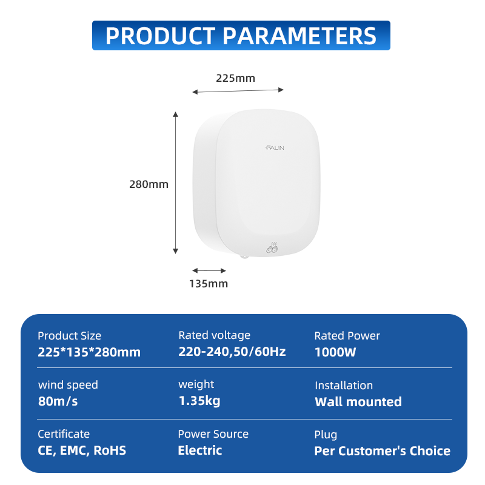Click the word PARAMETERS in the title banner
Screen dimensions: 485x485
299,36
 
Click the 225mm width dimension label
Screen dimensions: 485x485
235,78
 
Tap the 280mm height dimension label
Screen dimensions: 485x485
149,184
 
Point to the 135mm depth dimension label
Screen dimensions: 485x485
209,284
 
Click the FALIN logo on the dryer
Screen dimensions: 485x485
275,148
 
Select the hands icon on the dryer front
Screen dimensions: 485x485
272,247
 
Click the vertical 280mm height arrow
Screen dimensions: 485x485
176,183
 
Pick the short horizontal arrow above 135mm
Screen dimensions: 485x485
209,270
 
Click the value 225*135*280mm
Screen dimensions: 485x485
89,352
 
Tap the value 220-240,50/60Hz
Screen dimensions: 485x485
232,352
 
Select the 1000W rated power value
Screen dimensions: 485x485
335,352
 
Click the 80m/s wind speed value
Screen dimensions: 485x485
58,401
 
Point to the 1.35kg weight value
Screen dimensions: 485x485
199,401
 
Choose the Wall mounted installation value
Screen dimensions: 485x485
358,402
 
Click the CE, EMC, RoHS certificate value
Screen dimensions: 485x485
82,450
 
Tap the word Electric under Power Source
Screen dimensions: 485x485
200,450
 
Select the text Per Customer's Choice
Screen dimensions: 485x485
383,451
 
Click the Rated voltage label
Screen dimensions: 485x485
215,335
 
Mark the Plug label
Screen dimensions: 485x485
326,435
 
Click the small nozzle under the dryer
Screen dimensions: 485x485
244,256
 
